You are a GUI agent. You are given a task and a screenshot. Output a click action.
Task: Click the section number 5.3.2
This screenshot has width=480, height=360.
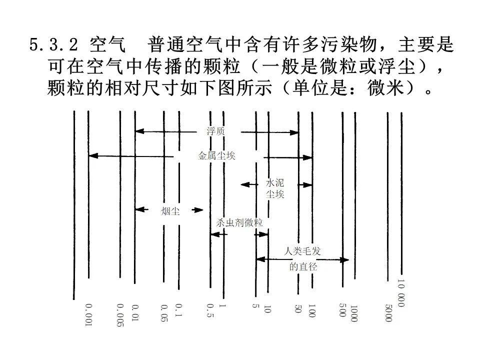coord(53,44)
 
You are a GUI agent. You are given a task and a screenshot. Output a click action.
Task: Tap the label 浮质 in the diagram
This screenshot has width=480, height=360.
coord(216,131)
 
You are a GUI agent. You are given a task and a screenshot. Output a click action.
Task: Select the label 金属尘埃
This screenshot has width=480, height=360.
coord(216,156)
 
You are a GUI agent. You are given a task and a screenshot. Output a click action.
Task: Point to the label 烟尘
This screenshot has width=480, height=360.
coord(170,211)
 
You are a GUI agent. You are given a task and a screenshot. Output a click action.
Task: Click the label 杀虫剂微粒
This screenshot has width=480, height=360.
coord(239,222)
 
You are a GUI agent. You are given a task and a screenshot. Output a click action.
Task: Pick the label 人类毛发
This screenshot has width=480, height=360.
coord(302,251)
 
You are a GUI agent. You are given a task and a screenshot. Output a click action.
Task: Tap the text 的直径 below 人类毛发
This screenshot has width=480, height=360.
coord(303,266)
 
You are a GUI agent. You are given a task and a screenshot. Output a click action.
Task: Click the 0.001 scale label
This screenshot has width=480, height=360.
coord(88,315)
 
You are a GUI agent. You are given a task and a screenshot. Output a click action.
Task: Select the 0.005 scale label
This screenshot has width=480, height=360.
coord(120,315)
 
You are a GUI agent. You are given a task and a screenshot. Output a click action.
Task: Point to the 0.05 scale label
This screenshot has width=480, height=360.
coord(164,313)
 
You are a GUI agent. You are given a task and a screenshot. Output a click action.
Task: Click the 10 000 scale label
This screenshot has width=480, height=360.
coord(401,293)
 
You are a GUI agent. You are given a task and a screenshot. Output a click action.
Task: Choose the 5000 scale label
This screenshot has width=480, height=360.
coord(388,313)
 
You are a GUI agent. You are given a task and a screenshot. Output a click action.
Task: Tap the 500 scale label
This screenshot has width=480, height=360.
coord(342,310)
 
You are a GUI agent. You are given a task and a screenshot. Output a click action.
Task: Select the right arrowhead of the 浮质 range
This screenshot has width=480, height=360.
coord(294,132)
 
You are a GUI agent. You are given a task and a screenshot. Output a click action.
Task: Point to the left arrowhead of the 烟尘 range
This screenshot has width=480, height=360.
coord(140,209)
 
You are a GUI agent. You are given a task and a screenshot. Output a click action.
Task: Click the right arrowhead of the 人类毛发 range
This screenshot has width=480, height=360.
coord(344,260)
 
